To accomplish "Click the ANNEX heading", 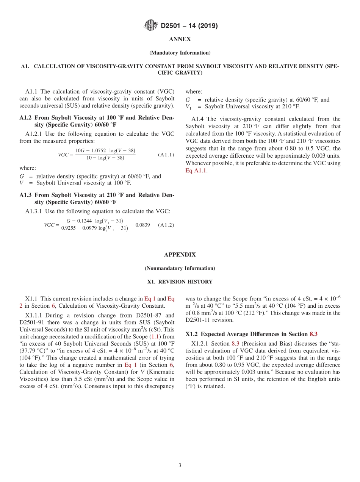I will click(x=180, y=39).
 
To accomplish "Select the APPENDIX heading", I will click(x=180, y=255).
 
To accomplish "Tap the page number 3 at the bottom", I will click(x=180, y=465).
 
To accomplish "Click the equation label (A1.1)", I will click(x=166, y=155).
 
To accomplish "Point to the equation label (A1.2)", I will click(x=166, y=225).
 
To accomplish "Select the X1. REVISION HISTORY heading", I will click(x=180, y=282).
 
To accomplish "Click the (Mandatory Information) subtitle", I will click(x=180, y=53).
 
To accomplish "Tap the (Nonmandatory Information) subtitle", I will click(x=180, y=268).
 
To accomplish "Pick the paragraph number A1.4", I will click(x=199, y=119).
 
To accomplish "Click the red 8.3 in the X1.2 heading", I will click(x=313, y=334).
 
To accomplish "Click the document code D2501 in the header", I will click(x=171, y=26).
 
